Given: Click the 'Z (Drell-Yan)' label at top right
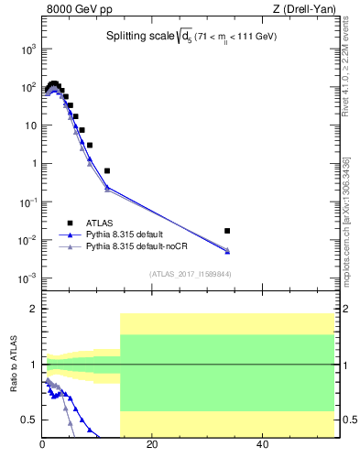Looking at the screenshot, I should pos(301,11).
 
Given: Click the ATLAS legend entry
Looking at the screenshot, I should pos(101,223).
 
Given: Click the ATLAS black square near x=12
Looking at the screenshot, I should pos(107,170).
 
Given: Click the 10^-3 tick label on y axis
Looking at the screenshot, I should pos(27,278).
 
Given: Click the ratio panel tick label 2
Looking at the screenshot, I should pos(34,310).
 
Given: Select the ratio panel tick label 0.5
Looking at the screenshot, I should pos(29,420).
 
